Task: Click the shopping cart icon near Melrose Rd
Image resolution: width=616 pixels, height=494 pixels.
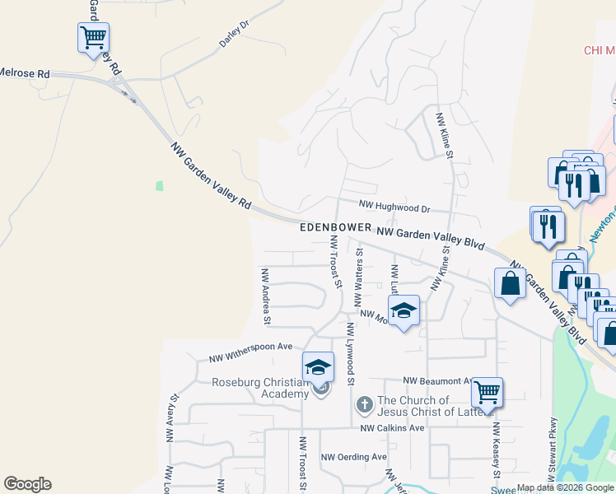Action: [x=94, y=37]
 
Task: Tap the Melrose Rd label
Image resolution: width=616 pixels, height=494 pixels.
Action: [x=25, y=73]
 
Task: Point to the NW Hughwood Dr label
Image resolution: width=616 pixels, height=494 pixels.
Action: [x=395, y=209]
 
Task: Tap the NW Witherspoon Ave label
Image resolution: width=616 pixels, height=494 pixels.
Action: [x=250, y=352]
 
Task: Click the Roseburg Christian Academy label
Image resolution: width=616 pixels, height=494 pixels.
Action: [x=260, y=388]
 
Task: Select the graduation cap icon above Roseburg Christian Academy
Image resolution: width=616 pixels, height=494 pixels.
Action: [x=318, y=367]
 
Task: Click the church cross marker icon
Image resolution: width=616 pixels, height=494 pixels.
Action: [x=364, y=405]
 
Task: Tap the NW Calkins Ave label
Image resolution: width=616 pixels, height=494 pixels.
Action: [x=392, y=428]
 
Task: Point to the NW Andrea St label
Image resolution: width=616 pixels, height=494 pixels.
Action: [x=265, y=296]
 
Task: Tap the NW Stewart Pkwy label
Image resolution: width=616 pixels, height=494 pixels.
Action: [x=548, y=448]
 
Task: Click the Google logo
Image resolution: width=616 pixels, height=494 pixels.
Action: [x=27, y=484]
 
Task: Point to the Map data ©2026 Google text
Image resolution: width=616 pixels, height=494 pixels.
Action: [x=565, y=487]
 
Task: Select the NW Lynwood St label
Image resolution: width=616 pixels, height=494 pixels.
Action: [x=350, y=354]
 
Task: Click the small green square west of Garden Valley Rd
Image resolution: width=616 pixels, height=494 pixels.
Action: [x=159, y=185]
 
